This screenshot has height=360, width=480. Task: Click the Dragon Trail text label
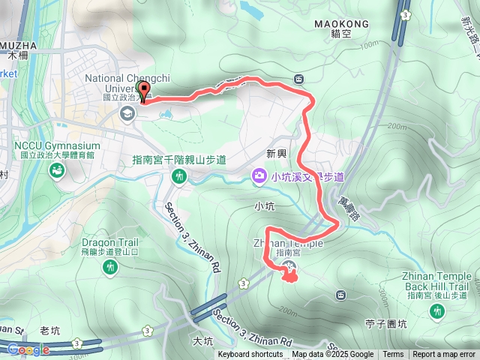click(109, 242)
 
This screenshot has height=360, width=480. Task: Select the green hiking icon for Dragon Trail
click(110, 267)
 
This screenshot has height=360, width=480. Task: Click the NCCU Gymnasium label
click(55, 145)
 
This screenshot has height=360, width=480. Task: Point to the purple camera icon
click(259, 176)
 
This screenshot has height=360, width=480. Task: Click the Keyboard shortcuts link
click(250, 355)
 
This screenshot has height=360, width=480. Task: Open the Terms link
click(393, 355)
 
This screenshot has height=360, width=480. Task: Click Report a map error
click(445, 355)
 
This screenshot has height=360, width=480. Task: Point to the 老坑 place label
click(49, 330)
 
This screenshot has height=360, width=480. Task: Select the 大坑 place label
click(202, 341)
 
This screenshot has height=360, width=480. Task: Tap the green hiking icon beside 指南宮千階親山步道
click(179, 176)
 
